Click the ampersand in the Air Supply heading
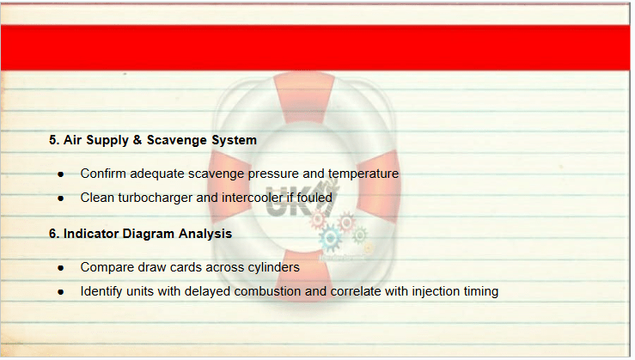pyautogui.click(x=137, y=140)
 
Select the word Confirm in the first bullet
pyautogui.click(x=103, y=174)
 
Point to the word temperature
pyautogui.click(x=363, y=174)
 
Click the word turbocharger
pyautogui.click(x=157, y=198)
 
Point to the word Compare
pyautogui.click(x=107, y=268)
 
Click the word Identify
pyautogui.click(x=101, y=291)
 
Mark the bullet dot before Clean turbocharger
pyautogui.click(x=61, y=198)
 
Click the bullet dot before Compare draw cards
pyautogui.click(x=61, y=268)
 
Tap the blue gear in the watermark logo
pyautogui.click(x=330, y=238)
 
